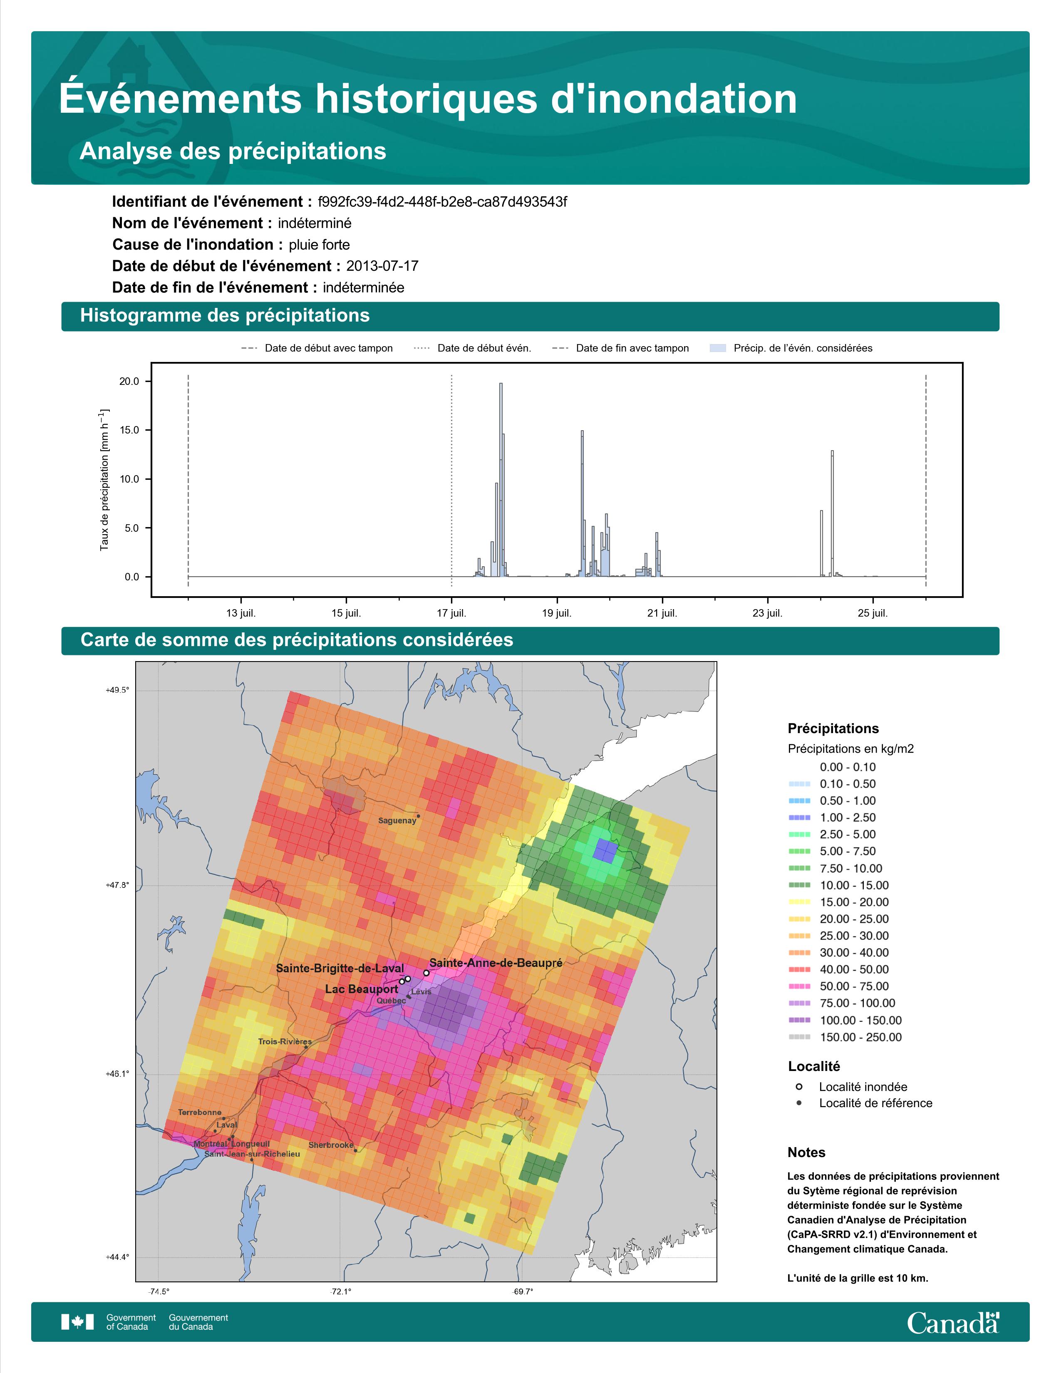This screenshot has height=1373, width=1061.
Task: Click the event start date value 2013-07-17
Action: coord(382,266)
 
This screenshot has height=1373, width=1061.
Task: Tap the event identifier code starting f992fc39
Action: coord(443,202)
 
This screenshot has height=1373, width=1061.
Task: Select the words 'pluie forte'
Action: coord(319,245)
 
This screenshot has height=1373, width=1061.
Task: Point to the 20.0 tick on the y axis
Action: coord(129,382)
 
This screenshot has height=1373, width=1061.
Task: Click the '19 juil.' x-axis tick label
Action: coord(557,613)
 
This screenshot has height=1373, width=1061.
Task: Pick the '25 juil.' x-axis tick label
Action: coord(873,613)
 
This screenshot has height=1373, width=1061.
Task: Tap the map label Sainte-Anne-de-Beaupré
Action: coord(496,962)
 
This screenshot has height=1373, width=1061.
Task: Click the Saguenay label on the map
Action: coord(397,820)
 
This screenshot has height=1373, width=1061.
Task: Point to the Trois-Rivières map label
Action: coord(285,1042)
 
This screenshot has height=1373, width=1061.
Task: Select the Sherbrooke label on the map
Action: coord(331,1145)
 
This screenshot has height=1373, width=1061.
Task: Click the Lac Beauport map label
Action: coord(362,989)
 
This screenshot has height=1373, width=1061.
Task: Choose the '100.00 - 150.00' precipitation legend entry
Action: coord(860,1020)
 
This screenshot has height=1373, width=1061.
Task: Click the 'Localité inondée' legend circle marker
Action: coord(799,1086)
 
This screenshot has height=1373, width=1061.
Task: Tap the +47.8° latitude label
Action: coord(117,885)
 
